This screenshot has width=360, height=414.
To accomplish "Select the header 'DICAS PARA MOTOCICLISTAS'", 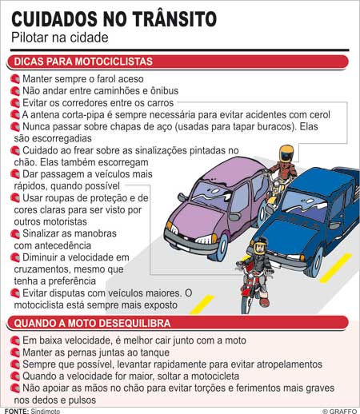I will coord(84,62).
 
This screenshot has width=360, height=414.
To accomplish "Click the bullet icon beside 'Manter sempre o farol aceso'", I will coord(14,79).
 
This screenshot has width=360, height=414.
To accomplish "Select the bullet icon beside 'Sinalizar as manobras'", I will coord(14,233).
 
